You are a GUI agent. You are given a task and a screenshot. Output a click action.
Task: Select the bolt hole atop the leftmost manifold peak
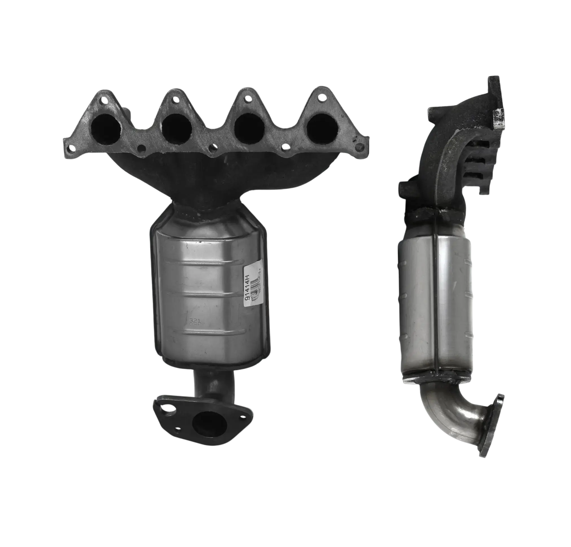click(x=104, y=100)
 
